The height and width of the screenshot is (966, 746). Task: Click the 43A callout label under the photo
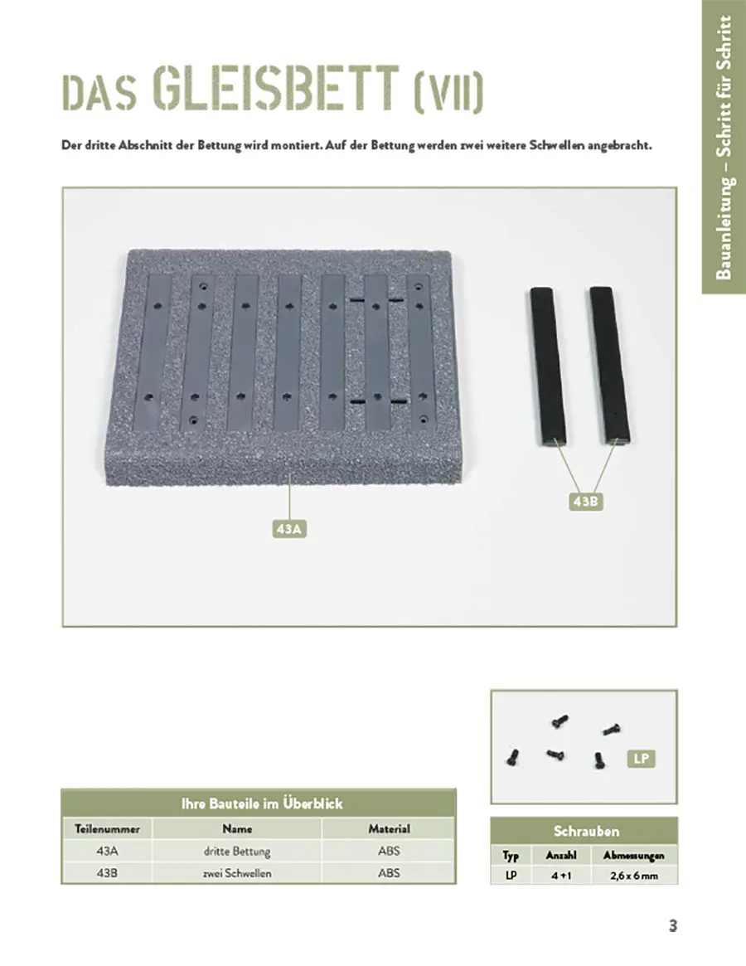pos(288,527)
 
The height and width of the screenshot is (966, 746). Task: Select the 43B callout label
pos(584,502)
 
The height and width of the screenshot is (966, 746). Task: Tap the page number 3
pos(673,926)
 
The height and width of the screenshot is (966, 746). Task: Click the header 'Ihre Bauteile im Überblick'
pos(261,803)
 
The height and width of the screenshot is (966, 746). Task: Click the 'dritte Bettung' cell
pos(237,851)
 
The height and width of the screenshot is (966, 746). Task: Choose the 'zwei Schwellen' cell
pos(237,873)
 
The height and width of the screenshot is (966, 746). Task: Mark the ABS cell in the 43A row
pos(389,851)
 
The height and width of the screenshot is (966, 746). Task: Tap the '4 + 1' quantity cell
pos(561,876)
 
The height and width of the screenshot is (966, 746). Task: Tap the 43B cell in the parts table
pos(107,873)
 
